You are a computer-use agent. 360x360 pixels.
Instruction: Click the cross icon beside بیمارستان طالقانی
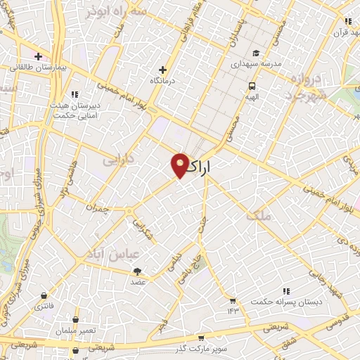(38, 56)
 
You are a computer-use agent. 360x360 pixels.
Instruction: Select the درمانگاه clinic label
(163, 81)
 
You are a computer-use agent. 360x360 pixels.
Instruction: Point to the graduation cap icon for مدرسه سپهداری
(256, 53)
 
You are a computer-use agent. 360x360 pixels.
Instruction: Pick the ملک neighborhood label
(258, 216)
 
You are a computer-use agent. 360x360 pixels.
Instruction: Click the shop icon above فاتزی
(45, 296)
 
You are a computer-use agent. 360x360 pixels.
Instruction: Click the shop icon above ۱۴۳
(233, 300)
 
